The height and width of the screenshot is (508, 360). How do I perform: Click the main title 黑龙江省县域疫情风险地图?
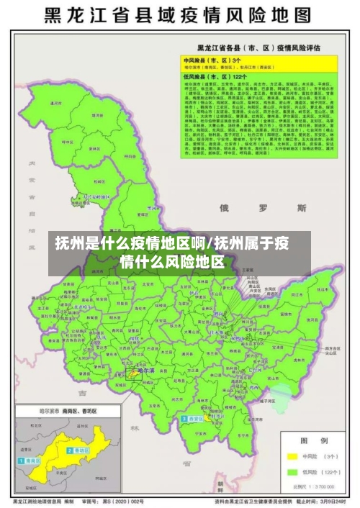coord(180,15)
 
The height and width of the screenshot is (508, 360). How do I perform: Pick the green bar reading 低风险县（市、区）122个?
coord(216,76)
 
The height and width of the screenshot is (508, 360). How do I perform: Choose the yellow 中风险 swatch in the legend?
coord(293,455)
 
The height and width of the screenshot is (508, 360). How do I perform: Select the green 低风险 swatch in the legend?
coord(293,472)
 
